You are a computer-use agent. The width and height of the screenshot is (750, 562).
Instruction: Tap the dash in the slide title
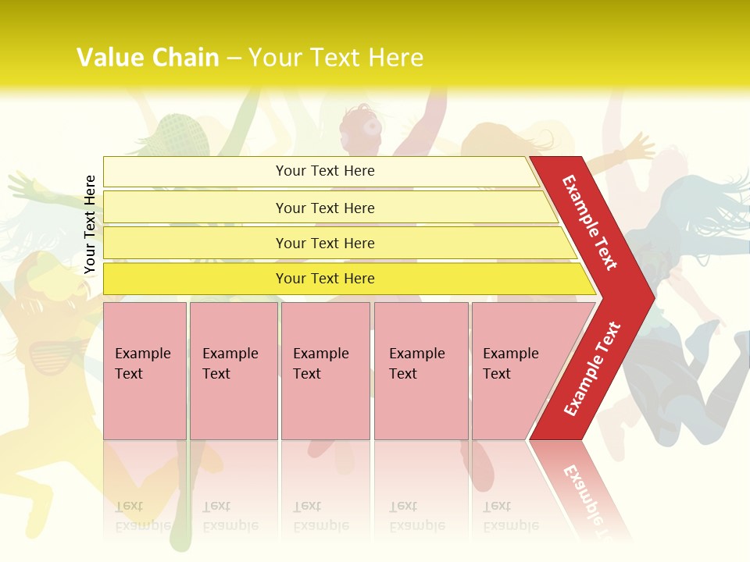(234, 59)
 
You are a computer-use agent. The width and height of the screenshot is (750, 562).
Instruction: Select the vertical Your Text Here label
(90, 224)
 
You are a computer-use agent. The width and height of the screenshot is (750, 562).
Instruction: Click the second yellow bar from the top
(324, 208)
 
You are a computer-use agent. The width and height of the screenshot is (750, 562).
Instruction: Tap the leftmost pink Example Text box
(145, 371)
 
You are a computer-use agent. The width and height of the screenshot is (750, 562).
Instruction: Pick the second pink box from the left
(234, 371)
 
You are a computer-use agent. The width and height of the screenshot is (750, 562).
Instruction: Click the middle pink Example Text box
(325, 371)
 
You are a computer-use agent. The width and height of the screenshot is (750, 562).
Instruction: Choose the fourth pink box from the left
(421, 371)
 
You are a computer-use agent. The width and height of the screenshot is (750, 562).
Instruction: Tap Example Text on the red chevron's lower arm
(591, 369)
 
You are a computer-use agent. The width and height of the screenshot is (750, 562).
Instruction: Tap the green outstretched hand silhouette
(23, 187)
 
